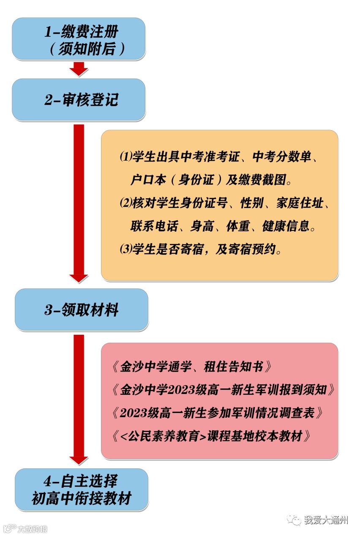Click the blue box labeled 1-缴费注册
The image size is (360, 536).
click(x=79, y=39)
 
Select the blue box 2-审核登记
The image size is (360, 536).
click(x=79, y=100)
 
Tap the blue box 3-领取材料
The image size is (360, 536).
click(x=82, y=310)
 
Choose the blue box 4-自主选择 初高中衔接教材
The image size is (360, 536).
click(x=82, y=490)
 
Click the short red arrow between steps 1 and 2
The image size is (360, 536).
click(x=79, y=68)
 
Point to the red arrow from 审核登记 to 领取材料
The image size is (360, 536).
click(x=79, y=203)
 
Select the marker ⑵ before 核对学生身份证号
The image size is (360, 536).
click(x=125, y=203)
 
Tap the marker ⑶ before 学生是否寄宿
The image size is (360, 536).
click(x=125, y=249)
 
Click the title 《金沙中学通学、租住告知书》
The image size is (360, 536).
click(x=192, y=366)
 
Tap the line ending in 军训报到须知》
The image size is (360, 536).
click(x=224, y=389)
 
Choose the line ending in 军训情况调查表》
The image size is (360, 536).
click(x=218, y=413)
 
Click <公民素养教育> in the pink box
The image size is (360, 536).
click(x=163, y=436)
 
